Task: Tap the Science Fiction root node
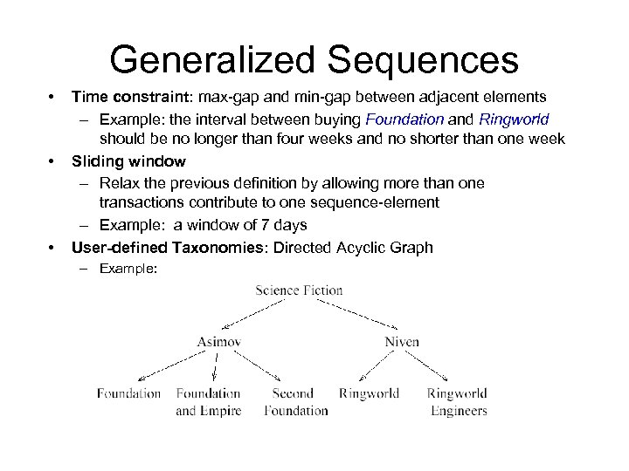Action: (x=299, y=290)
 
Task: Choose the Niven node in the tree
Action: (x=401, y=342)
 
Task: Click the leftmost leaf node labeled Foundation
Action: (x=129, y=393)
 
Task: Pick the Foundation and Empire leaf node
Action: (x=208, y=401)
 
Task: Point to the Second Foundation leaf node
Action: (x=295, y=401)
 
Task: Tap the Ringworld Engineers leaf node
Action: (x=457, y=401)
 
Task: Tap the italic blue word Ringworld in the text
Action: (x=514, y=119)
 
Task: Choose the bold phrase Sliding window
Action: (x=128, y=161)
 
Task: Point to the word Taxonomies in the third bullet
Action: (x=225, y=247)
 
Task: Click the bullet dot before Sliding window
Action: (x=52, y=161)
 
